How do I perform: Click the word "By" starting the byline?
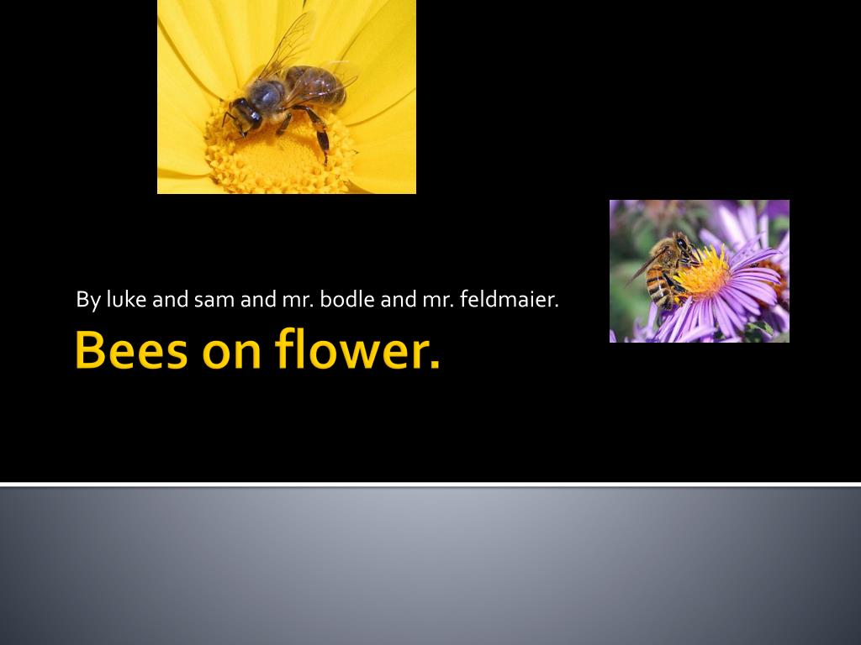click(x=87, y=301)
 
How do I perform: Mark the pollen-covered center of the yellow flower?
click(x=280, y=148)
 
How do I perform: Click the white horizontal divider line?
click(x=430, y=485)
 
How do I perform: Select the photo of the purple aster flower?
click(x=700, y=271)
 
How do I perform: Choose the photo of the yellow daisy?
click(x=287, y=97)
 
